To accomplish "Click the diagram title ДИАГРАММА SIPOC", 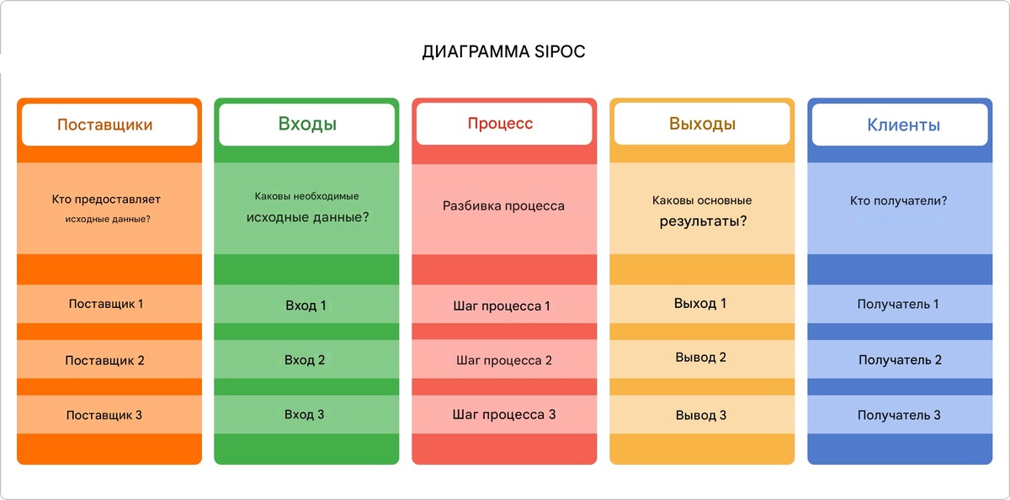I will point(503,52).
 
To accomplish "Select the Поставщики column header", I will point(105,125).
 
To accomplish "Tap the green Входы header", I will point(307,125).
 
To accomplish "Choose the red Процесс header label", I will point(500,124).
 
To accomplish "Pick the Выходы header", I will point(702,125).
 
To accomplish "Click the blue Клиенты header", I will point(903,125).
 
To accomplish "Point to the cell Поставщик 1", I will point(106,303).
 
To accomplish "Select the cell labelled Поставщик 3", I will point(104,415).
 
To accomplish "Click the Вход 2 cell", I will point(305,359).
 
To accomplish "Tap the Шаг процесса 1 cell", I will point(502,306).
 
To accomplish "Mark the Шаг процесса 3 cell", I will point(504,414).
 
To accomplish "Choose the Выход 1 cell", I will point(700,303).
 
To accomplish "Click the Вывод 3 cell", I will point(701,415).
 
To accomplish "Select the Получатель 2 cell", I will point(900,359).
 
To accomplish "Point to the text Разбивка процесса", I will point(504,205).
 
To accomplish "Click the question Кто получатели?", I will point(899,201).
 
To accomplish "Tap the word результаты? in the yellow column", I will point(703,222).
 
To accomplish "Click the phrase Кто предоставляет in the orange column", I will point(106,199).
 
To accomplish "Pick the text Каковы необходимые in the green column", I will point(306,196).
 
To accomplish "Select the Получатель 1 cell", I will point(898,304).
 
